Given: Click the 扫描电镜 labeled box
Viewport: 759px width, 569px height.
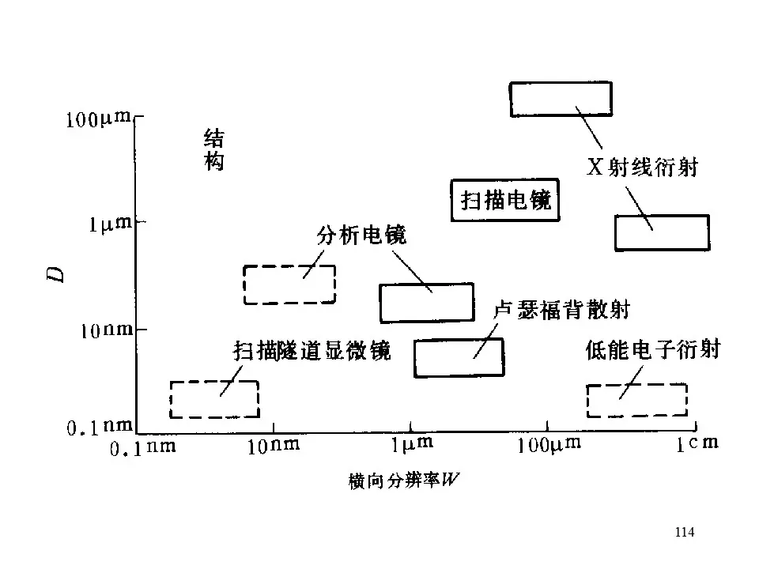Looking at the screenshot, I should (x=505, y=201).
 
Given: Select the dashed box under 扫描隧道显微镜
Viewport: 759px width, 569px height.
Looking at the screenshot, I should (x=215, y=399).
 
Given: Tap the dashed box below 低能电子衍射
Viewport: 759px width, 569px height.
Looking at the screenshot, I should (x=636, y=400).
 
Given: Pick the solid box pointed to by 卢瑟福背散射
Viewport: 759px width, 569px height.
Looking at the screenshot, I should (x=459, y=357).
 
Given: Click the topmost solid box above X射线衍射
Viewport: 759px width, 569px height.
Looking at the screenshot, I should (x=560, y=99).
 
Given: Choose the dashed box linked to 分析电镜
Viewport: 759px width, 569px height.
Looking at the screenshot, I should (x=289, y=284).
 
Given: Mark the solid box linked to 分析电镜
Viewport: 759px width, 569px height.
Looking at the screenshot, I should (x=426, y=302).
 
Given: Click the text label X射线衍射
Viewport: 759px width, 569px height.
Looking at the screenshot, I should (x=641, y=168).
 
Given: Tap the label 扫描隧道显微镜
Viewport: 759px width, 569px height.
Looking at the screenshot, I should (x=312, y=350).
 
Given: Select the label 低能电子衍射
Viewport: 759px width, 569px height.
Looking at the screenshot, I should (x=653, y=349).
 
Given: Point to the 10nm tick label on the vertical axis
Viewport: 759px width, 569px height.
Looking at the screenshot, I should (x=106, y=330).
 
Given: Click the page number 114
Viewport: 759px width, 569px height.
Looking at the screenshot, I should (x=685, y=532).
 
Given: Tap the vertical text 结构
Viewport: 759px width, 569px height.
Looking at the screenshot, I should (x=213, y=151).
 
